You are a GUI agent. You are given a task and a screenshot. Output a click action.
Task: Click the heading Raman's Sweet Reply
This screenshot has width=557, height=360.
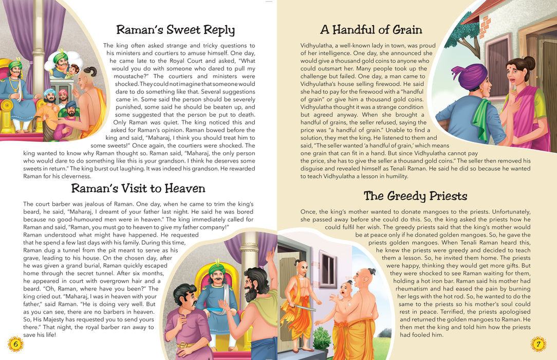coord(175,29)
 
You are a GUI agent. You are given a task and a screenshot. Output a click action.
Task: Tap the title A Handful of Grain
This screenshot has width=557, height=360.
coord(370,29)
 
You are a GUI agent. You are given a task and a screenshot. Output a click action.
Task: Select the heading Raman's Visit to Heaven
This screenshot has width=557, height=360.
coord(138,188)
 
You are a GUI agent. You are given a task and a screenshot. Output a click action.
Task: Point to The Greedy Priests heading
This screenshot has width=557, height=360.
coord(415,196)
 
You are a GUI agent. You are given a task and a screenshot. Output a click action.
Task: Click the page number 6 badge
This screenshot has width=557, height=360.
coord(15,344)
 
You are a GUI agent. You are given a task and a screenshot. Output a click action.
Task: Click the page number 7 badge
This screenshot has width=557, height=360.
coord(537,344)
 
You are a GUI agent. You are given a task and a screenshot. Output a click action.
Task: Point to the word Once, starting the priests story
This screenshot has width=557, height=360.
coord(310,212)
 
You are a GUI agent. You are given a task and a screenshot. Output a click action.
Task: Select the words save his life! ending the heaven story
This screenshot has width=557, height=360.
coord(40,335)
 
